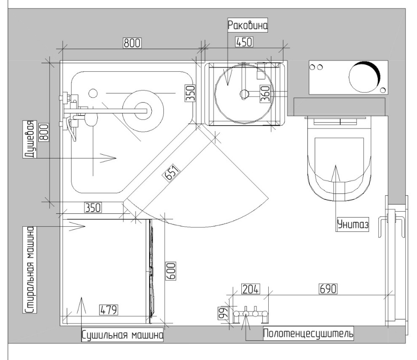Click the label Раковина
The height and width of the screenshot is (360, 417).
247,25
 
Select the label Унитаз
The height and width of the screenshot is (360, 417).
353,225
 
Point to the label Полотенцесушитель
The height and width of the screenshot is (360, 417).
308,333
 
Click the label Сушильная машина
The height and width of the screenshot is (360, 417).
122,335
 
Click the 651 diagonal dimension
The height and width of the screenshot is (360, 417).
172,172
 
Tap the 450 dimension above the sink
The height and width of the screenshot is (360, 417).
244,42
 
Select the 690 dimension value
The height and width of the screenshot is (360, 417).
328,289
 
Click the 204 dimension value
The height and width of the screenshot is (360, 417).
251,289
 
